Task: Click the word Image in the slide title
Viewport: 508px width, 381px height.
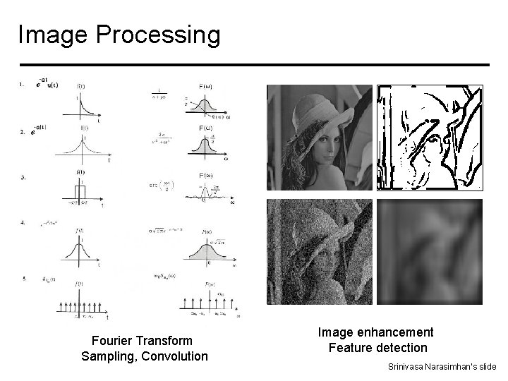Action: (46, 34)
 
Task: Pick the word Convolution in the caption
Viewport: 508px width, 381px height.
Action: (174, 356)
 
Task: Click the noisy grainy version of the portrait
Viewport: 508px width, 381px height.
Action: (320, 252)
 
